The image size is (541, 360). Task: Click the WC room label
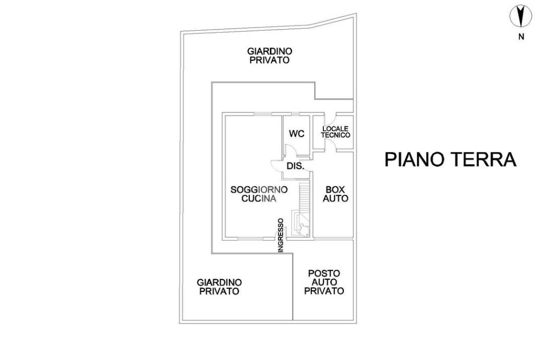click(297, 134)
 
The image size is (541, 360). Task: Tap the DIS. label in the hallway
click(296, 166)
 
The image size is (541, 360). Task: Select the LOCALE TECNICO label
click(335, 132)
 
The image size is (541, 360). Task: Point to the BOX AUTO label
click(335, 194)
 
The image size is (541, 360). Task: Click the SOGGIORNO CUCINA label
click(259, 194)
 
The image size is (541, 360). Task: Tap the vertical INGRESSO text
click(281, 235)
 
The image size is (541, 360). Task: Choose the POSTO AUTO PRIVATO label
click(324, 282)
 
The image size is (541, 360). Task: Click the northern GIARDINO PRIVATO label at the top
click(270, 55)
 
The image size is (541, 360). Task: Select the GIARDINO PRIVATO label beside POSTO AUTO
click(219, 287)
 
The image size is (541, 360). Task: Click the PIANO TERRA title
click(450, 159)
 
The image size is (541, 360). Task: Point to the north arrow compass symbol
click(521, 16)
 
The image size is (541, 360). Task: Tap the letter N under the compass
click(521, 37)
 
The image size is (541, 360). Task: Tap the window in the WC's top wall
click(295, 114)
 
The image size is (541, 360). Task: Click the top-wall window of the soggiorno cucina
click(263, 114)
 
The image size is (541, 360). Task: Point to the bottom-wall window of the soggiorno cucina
click(250, 238)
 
